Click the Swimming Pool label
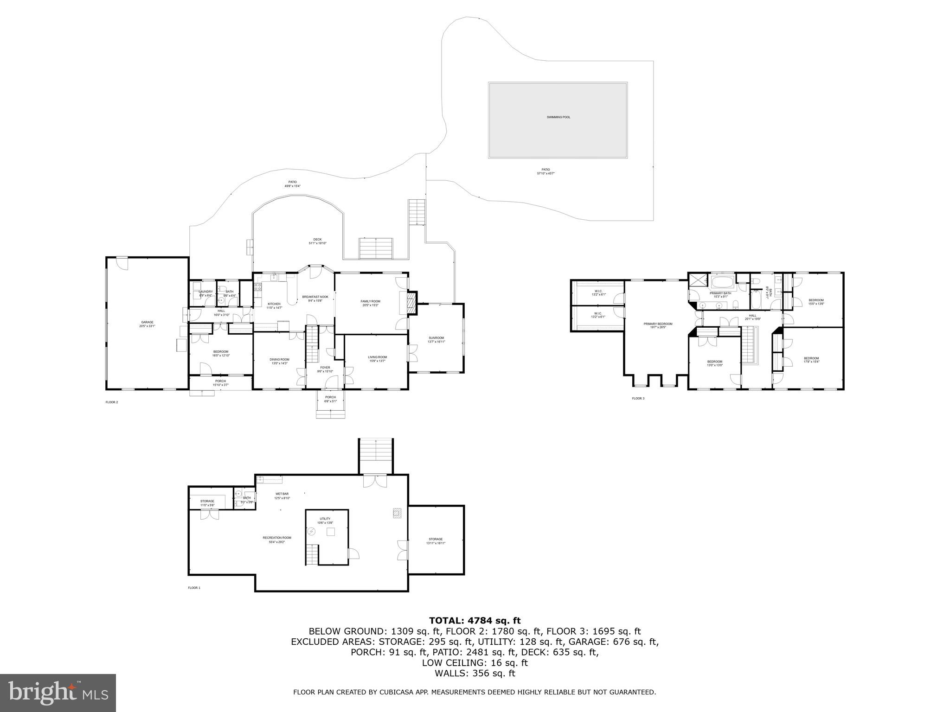[x=558, y=117]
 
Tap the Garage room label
[x=147, y=324]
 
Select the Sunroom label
[x=436, y=340]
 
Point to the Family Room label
[x=370, y=303]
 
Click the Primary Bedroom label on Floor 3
[x=657, y=325]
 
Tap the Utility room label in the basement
[x=325, y=521]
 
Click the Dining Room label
[x=279, y=361]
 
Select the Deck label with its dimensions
[x=317, y=241]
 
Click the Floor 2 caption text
[x=112, y=402]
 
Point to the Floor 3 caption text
[x=638, y=398]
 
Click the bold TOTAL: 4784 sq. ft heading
[x=475, y=621]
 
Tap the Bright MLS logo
[x=58, y=693]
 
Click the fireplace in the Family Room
[x=410, y=304]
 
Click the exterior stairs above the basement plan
[x=376, y=456]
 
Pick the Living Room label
[x=377, y=359]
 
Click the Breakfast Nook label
[x=315, y=299]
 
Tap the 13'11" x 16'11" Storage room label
[x=436, y=541]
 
